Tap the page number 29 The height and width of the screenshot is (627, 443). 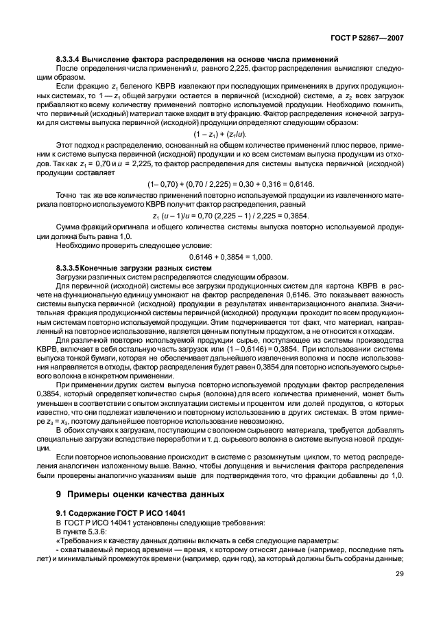click(399, 575)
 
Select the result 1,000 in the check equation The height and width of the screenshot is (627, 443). click(261, 257)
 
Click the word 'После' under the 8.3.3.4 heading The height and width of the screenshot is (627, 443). click(66, 70)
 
